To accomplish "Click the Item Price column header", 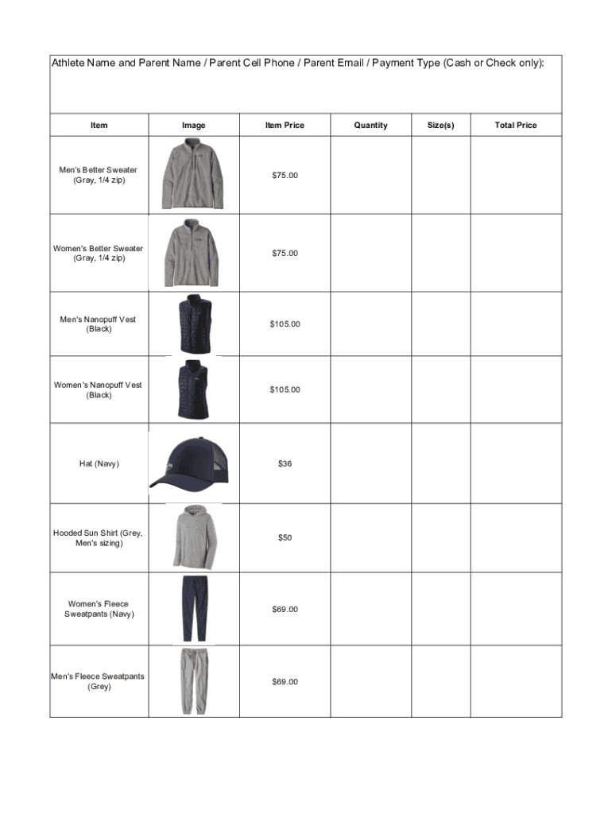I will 285,125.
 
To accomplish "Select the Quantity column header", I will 370,125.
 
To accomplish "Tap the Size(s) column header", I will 440,125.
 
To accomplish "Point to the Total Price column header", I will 516,125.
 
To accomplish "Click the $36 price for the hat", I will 285,463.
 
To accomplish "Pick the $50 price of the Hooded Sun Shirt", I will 285,538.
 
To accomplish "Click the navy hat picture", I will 190,463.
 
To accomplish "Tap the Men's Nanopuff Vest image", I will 193,323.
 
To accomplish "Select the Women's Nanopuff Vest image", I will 193,389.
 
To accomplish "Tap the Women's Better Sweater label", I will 99,253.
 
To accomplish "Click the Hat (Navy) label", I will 99,463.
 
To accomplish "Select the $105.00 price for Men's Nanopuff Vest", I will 285,324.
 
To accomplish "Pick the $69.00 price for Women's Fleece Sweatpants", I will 285,609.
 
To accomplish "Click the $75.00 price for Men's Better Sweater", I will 285,175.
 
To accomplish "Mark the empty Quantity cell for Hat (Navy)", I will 370,463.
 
